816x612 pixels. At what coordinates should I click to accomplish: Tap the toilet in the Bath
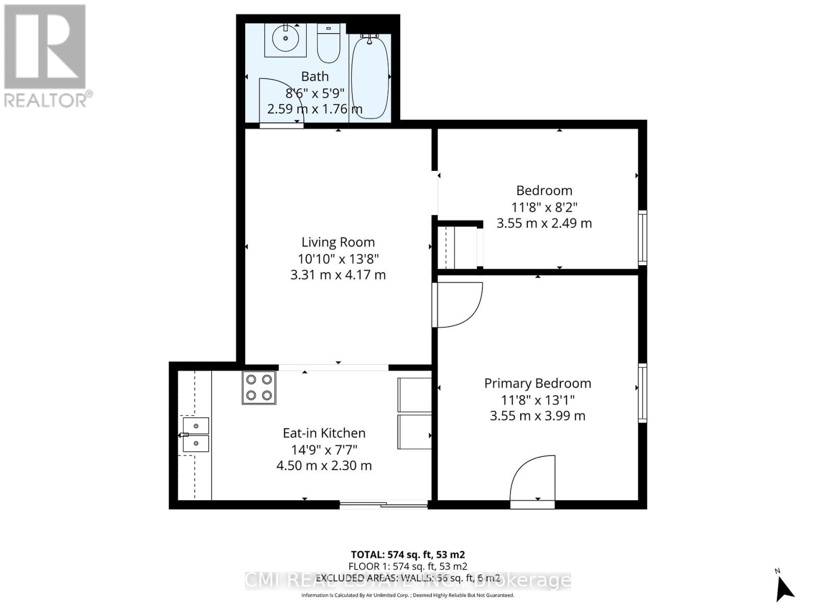point(328,43)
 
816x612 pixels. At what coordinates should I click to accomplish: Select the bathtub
point(370,76)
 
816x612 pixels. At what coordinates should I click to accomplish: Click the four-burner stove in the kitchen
point(259,388)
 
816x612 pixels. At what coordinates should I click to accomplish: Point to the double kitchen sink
point(196,435)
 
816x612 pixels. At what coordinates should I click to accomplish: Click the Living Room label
point(338,242)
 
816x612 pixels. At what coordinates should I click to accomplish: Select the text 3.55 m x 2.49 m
point(544,223)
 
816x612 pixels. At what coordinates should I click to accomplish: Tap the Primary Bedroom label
point(538,384)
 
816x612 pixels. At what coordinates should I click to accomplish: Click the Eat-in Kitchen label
point(324,433)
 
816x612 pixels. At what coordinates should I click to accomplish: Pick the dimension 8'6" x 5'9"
point(315,93)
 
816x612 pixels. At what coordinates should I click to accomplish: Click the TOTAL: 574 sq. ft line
point(407,554)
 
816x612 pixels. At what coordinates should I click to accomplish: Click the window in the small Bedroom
point(643,238)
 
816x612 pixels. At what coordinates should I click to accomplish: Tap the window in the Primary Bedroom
point(643,393)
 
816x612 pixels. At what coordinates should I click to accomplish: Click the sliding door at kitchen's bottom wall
point(384,505)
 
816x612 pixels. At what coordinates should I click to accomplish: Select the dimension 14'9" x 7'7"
point(324,450)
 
